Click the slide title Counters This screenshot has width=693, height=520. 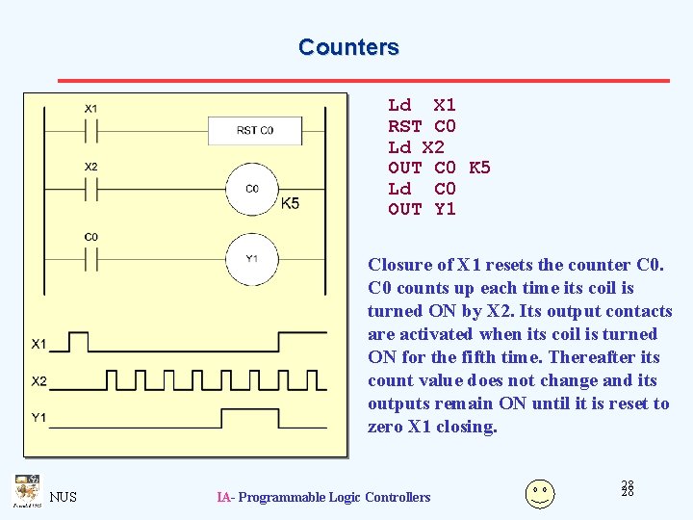coord(347,47)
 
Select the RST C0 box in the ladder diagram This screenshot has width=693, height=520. coord(255,129)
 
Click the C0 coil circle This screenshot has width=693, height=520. coord(251,189)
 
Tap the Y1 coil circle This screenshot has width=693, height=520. coord(251,258)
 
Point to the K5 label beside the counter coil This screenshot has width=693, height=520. coord(290,203)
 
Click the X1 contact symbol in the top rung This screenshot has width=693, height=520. coord(90,129)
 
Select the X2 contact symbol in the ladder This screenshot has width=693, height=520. coord(90,189)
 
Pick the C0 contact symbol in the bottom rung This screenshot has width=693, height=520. coord(90,258)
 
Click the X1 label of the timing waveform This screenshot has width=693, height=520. coord(38,344)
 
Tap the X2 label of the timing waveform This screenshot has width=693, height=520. coord(38,381)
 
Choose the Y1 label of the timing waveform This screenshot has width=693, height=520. coord(38,418)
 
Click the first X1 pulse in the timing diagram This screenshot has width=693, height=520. coord(79,341)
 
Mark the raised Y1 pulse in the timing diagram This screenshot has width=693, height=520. coord(250,418)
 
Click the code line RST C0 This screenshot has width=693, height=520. coord(422,126)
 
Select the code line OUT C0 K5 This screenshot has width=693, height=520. coord(439,169)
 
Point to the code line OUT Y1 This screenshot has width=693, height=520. coord(422,210)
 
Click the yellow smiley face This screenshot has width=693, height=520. coord(539,493)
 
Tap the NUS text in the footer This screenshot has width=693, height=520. coord(64,497)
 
